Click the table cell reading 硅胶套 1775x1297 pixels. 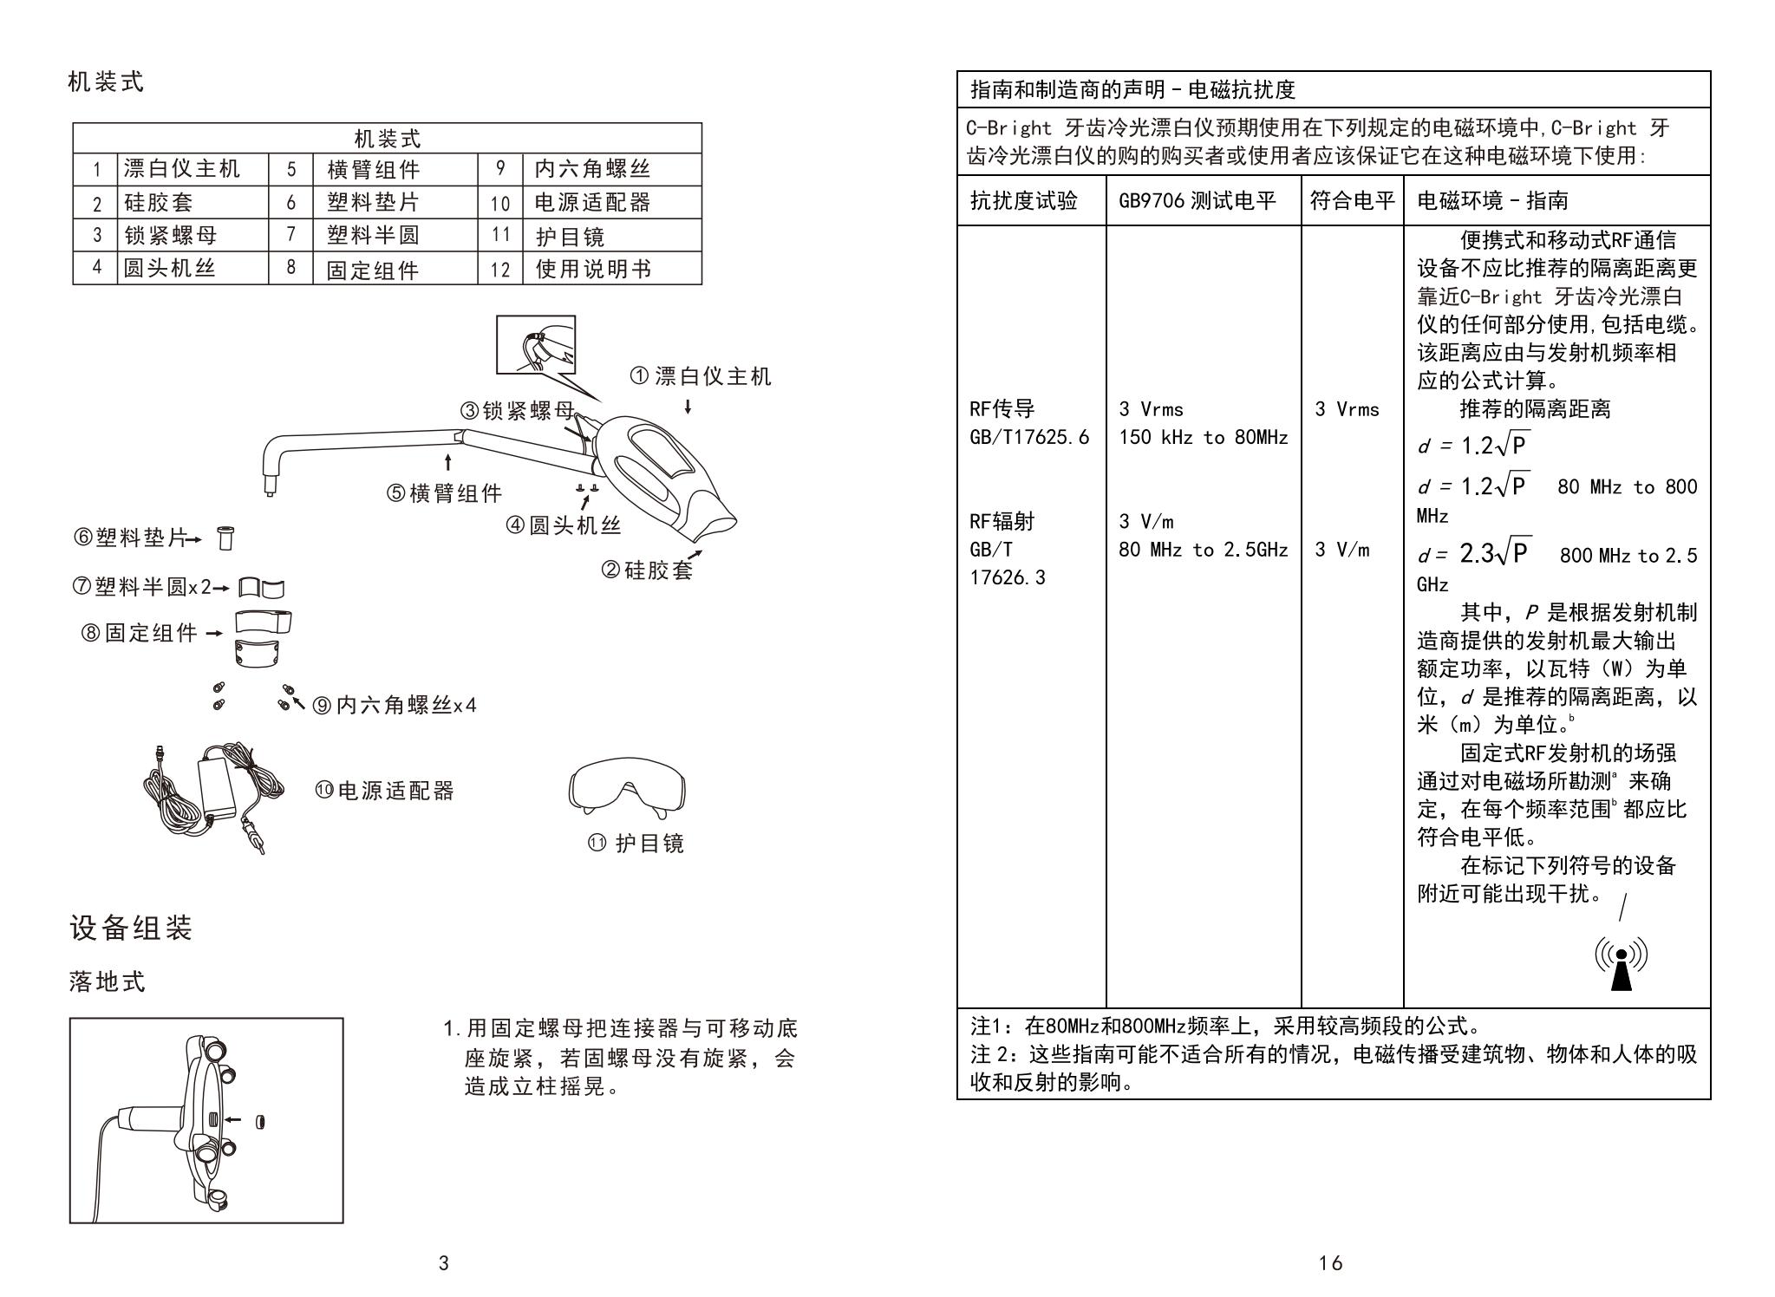(159, 203)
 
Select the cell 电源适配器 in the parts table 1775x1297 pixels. (592, 203)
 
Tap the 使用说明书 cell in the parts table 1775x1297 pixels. (593, 270)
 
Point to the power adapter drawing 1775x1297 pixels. (213, 795)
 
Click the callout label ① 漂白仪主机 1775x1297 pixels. (700, 376)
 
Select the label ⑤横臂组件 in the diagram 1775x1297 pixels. (445, 493)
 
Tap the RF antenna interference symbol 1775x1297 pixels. (1621, 963)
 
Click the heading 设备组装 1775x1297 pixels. (131, 928)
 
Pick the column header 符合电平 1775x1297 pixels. (1352, 201)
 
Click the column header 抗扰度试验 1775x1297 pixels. (1023, 201)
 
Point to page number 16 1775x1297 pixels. (1330, 1263)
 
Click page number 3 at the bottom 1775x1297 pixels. (444, 1263)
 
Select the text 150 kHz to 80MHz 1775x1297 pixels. (1203, 438)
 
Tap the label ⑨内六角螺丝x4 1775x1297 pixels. (395, 705)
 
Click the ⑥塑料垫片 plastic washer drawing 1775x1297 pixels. (225, 538)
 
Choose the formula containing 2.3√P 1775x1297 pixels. (1495, 553)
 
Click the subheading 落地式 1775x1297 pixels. (108, 982)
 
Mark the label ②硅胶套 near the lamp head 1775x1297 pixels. (647, 570)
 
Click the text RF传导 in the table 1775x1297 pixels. (1002, 409)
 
